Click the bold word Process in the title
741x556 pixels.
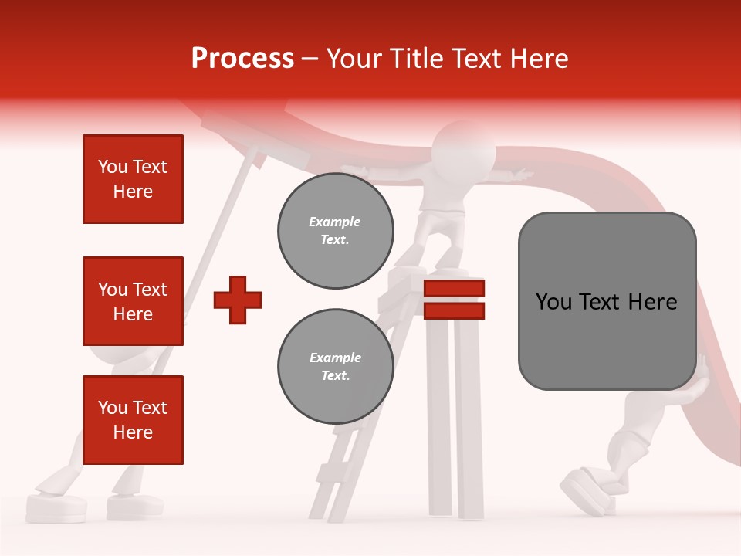[x=242, y=59]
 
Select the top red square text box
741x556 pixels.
[x=133, y=179]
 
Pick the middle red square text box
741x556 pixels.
[x=133, y=301]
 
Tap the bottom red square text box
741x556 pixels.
[x=133, y=420]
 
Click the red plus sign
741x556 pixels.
[x=238, y=300]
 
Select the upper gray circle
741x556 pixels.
[x=335, y=231]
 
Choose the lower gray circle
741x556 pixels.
[x=335, y=367]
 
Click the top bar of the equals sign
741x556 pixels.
[x=454, y=288]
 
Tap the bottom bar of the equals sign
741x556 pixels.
[x=454, y=311]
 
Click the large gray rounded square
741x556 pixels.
[x=607, y=300]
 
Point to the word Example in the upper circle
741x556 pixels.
[x=335, y=222]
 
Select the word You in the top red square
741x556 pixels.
[x=113, y=167]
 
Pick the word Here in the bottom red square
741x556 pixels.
[x=133, y=432]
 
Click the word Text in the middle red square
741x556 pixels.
[x=150, y=290]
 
